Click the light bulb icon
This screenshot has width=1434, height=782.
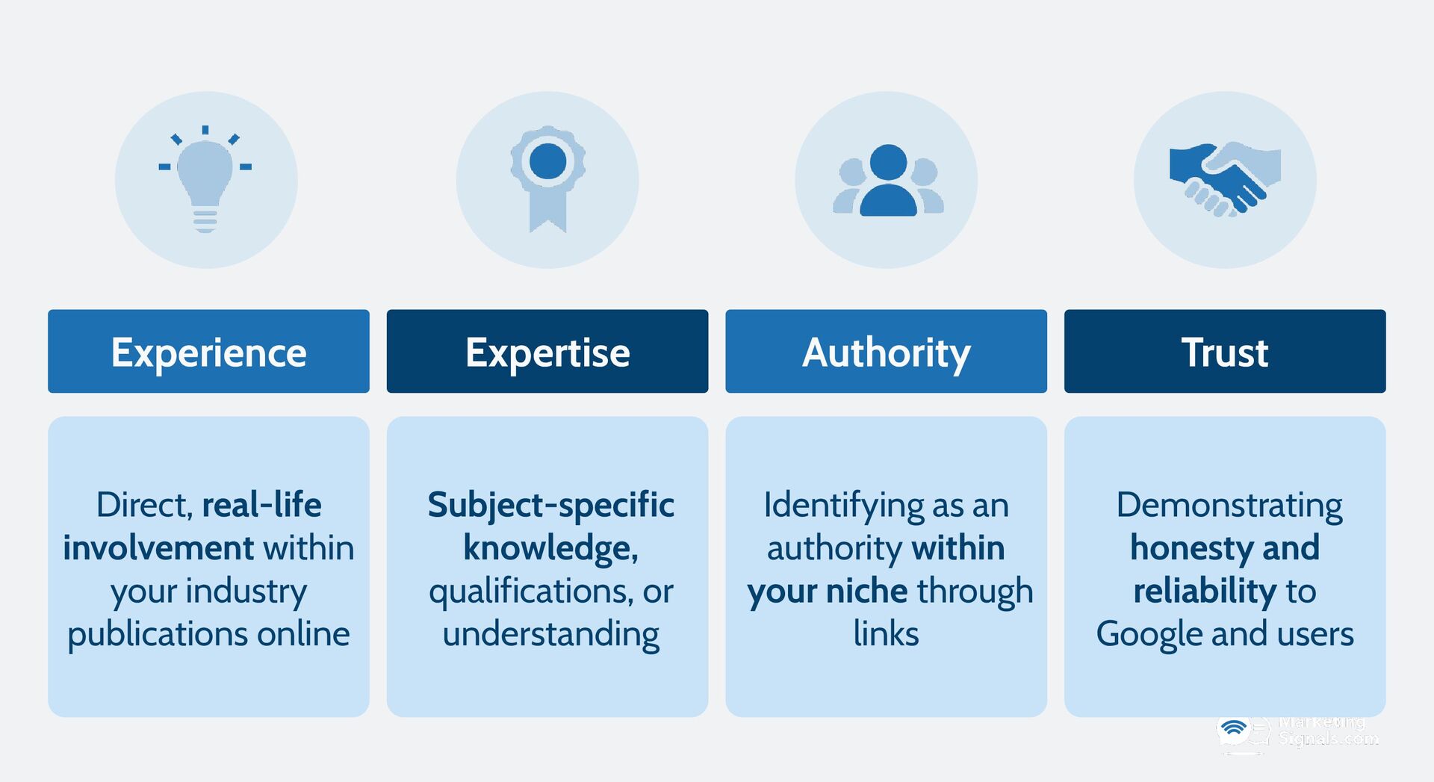coord(205,179)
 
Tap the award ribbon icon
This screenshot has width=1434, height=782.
coord(547,177)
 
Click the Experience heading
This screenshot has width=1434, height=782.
coord(208,352)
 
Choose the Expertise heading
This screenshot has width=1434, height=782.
coord(547,352)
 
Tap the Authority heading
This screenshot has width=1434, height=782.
coord(886,352)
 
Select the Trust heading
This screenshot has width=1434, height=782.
coord(1225,352)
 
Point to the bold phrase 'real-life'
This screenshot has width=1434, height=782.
coord(261,506)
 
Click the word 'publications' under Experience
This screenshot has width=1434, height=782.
coord(157,635)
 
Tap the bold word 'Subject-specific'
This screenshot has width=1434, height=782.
coord(550,506)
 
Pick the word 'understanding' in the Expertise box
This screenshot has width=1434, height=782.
coord(550,635)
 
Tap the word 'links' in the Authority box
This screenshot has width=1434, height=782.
coord(886,635)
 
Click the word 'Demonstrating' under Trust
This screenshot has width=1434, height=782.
coord(1229,506)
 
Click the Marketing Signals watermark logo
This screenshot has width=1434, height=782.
coord(1298,733)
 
